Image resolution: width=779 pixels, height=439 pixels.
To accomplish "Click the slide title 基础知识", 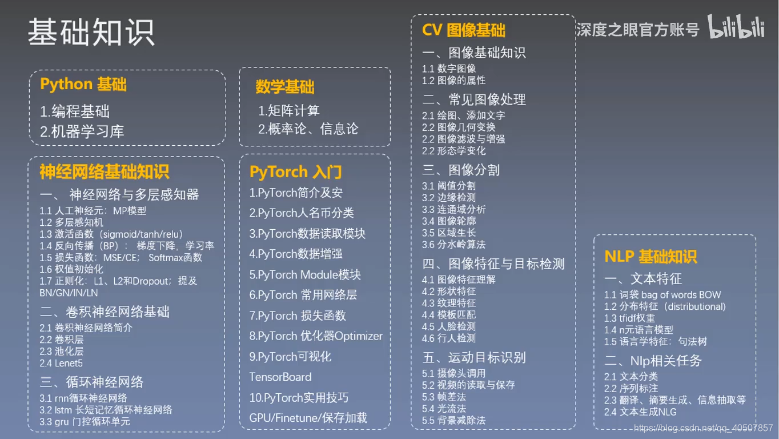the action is pos(91,33).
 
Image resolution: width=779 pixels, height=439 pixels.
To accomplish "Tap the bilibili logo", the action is pos(737,27).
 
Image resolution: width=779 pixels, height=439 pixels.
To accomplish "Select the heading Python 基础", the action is pos(83,85).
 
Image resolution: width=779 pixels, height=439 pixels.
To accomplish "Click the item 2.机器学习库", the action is pos(82,131).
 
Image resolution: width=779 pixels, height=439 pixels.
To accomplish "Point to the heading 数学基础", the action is pos(284,87).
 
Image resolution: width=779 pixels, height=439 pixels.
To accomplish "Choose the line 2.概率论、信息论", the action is pos(308,129).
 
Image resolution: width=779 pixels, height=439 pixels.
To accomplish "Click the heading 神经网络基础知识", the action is pos(105,171).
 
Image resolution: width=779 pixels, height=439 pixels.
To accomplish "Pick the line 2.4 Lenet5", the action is pos(61,363).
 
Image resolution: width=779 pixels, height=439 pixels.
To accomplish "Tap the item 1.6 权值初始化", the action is pos(71,269).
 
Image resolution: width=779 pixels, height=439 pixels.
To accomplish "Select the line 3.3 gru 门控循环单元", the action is pos(85,422).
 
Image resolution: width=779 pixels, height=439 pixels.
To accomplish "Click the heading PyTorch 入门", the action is pos(295,171).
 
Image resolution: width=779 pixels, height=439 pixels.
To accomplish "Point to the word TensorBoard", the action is pos(280,377).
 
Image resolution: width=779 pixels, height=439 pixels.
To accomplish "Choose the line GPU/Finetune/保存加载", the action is pos(308,418).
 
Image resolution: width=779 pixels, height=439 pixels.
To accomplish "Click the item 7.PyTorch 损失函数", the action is pos(298,316).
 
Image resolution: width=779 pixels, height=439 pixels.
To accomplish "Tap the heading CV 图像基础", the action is pos(463,30).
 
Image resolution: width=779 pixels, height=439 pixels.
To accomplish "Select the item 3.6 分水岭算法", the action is pos(453,245).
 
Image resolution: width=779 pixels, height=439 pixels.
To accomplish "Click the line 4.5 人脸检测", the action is pos(449,326).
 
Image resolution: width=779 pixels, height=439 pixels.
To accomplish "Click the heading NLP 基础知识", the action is pos(650,257).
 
